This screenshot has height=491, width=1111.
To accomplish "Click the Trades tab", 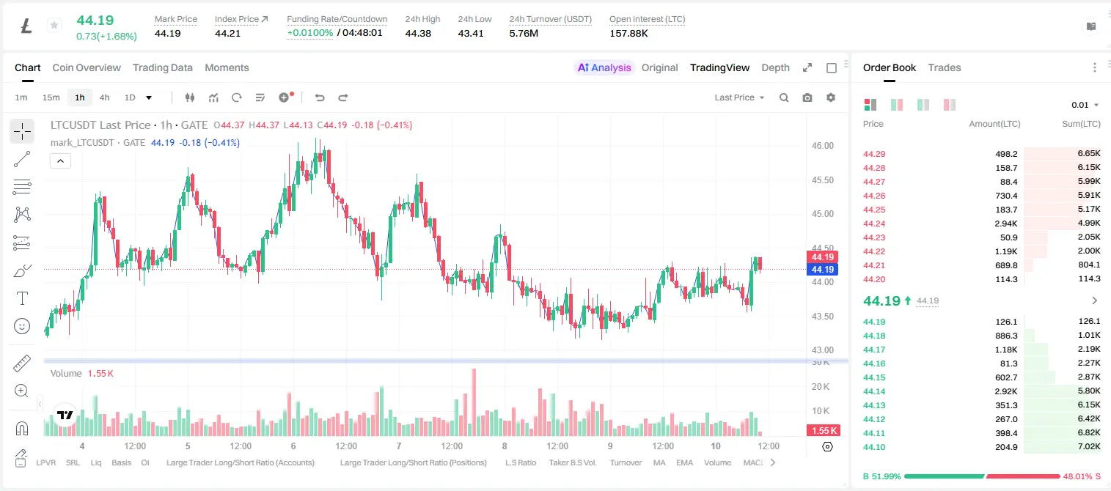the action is pos(945,67).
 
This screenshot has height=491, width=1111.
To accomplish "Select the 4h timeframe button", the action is pos(104,97).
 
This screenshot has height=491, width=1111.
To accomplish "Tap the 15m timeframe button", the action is pos(51,97).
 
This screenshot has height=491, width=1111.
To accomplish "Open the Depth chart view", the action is pos(775,67).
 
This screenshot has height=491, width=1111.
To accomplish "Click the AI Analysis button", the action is pos(604,67).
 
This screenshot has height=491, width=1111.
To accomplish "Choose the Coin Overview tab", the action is pos(87,67).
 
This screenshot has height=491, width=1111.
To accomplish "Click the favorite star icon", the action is pos(54,25).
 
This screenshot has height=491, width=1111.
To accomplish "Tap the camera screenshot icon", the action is pos(807,97).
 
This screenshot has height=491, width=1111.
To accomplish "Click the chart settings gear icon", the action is pos(831,97).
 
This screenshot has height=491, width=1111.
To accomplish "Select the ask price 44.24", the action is pos(874,224).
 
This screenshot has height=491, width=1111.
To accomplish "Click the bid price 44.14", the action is pos(874,391).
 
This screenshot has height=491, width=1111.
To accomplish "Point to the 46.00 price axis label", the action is pos(822,146).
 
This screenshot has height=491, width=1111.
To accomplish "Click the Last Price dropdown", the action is pos(739,97).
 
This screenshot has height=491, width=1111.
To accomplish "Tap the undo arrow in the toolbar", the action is pos(320,97).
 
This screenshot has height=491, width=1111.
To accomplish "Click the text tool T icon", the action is pos(22,298).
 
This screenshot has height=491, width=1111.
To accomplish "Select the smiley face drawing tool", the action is pos(22,326).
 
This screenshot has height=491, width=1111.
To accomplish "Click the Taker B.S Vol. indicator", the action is pos(572,462).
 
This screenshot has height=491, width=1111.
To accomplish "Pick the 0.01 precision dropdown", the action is pos(1085,105).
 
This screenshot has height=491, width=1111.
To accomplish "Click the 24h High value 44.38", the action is pos(418,33).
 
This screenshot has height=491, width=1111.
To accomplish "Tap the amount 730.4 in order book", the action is pos(1006,196).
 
